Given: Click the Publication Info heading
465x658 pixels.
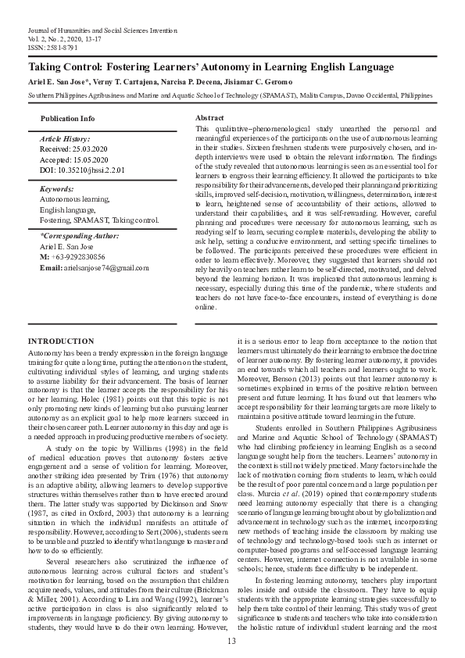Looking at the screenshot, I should click(67, 118).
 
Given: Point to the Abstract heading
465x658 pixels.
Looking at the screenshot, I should click(209, 116).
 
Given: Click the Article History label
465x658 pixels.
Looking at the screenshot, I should click(66, 138).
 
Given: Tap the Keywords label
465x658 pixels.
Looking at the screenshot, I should click(57, 188).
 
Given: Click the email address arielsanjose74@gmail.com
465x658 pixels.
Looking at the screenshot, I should click(106, 267).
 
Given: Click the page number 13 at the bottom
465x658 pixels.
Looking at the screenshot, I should click(231, 641).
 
